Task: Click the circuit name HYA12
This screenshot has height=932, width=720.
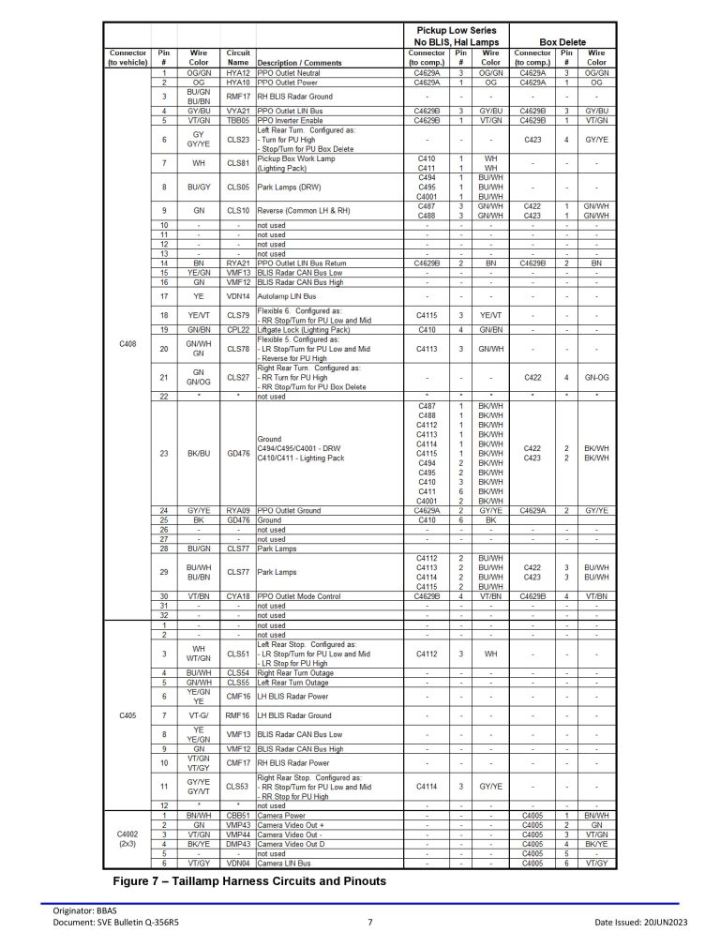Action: pos(238,72)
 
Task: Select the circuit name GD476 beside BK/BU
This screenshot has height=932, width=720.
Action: pos(238,453)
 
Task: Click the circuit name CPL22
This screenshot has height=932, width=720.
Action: pos(238,329)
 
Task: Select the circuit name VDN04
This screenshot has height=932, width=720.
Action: pos(238,862)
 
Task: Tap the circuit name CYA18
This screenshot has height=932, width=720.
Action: pos(238,595)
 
